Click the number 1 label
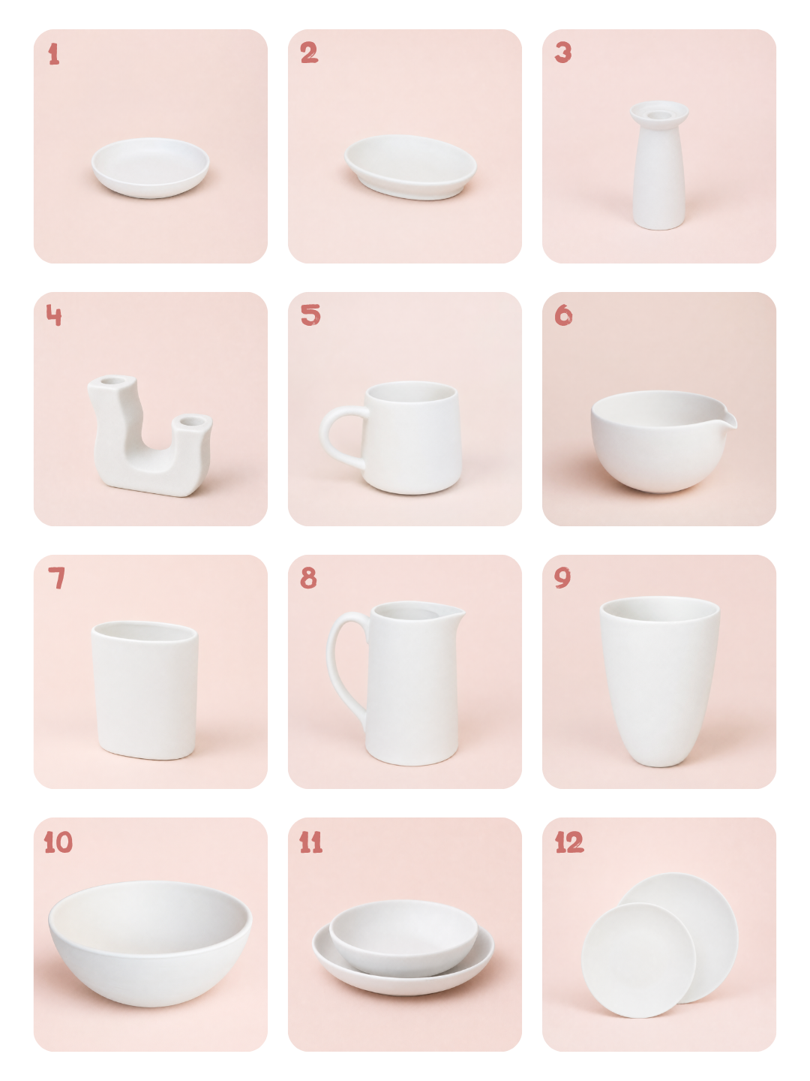pos(54,54)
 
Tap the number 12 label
pos(569,842)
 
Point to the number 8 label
pos(308,578)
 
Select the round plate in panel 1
pos(151,168)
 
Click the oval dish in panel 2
pos(410,167)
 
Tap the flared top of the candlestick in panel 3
pos(659,113)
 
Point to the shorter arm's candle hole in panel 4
pos(191,421)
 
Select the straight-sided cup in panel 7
pos(145,690)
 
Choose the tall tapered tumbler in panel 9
pos(659,681)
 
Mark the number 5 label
pos(310,315)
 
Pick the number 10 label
pos(58,842)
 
